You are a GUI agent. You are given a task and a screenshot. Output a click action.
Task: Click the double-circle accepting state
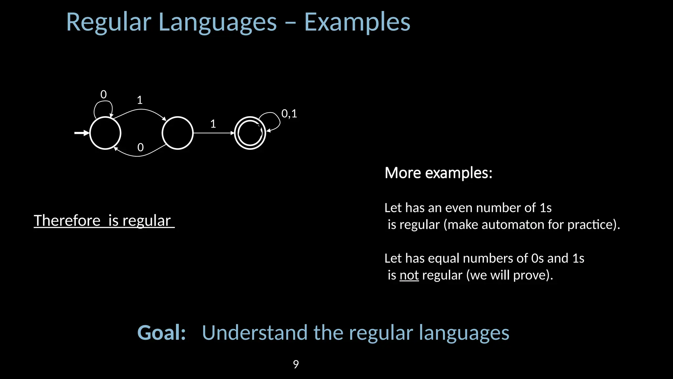click(x=250, y=133)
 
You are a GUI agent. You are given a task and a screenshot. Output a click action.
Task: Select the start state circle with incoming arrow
click(x=105, y=133)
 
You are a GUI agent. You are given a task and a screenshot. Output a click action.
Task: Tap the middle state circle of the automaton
click(x=177, y=133)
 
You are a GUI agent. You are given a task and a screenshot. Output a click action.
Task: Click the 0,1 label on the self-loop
click(x=289, y=114)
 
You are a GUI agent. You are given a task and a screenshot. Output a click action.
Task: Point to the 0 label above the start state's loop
click(x=104, y=95)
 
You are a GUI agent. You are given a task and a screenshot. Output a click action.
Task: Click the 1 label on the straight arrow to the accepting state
click(x=213, y=124)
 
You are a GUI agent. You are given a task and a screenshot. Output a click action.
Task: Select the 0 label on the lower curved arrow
click(x=140, y=147)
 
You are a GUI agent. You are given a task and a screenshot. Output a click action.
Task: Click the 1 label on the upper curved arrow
click(x=140, y=100)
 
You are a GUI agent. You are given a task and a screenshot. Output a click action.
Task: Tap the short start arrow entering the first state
click(x=81, y=133)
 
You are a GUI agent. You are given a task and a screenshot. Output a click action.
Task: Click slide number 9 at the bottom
click(x=296, y=364)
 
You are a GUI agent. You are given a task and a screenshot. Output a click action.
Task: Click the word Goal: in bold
click(x=161, y=333)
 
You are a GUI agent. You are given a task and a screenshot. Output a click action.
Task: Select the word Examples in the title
click(x=357, y=22)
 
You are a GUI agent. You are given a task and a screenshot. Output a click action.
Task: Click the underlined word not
click(x=409, y=275)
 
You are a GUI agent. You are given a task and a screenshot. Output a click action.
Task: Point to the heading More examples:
click(x=438, y=173)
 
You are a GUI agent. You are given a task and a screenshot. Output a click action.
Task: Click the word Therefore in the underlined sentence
click(x=67, y=220)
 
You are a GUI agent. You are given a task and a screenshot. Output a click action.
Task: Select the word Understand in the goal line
click(x=255, y=333)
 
